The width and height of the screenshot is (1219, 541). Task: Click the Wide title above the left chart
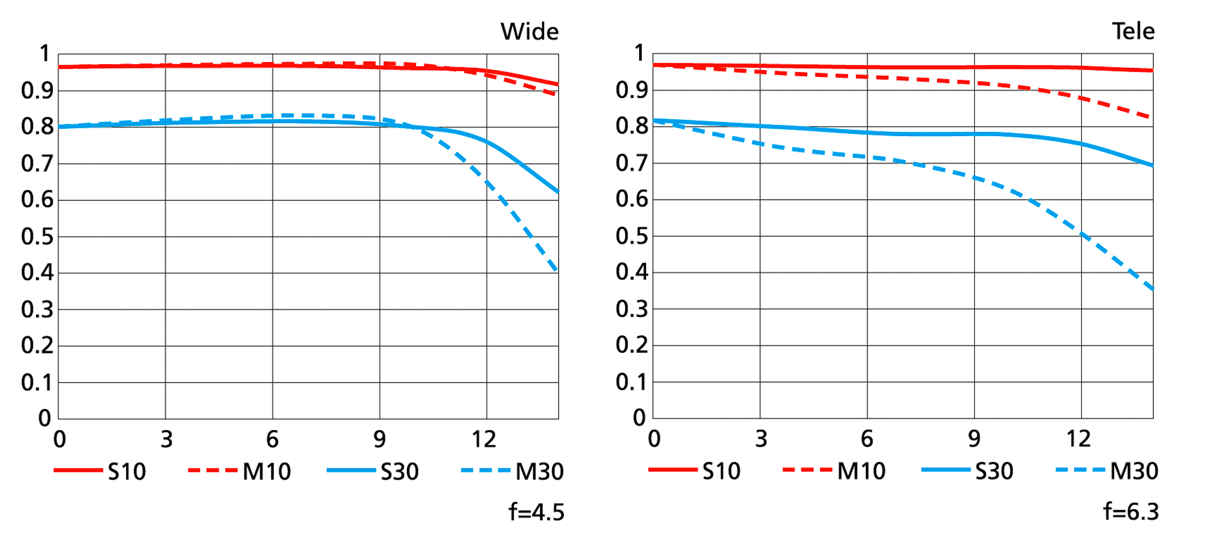(x=529, y=32)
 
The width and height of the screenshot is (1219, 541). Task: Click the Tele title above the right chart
(x=1133, y=31)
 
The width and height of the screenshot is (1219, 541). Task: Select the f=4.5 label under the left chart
(x=536, y=512)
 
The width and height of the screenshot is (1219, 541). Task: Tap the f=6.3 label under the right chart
(x=1131, y=511)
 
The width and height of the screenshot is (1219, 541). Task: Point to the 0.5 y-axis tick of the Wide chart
(x=37, y=236)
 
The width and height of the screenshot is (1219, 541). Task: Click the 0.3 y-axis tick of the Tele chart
(x=632, y=308)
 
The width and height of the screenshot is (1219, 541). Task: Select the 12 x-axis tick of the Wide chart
(x=484, y=439)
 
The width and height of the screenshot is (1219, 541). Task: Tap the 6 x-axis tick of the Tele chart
(x=867, y=439)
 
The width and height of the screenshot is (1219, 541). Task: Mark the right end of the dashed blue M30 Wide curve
(x=556, y=270)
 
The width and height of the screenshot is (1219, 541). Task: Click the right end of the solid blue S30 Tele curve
(x=1152, y=165)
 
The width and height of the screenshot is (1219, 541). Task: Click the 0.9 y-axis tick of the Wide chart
(x=37, y=91)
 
